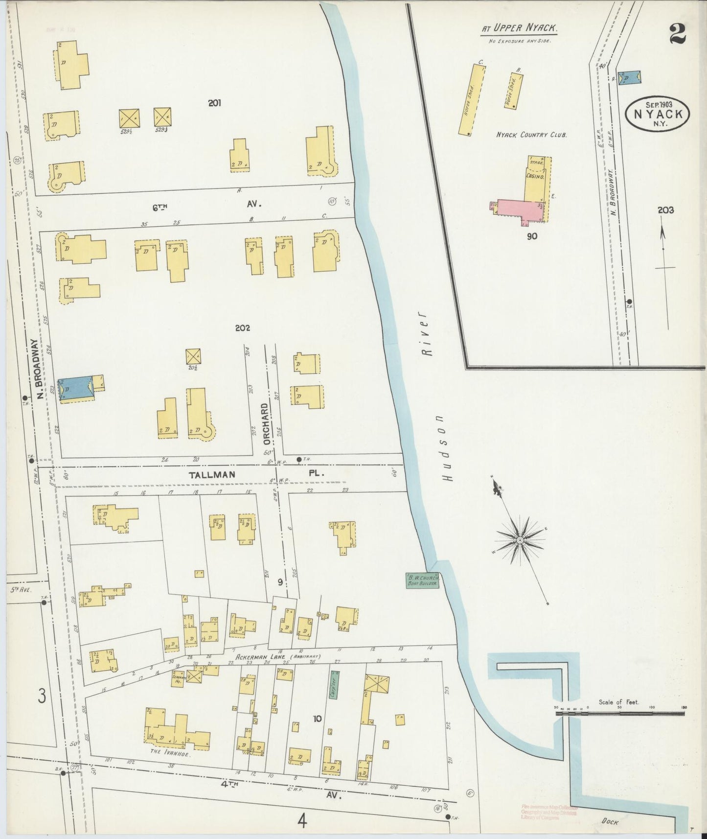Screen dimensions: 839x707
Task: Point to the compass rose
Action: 520,540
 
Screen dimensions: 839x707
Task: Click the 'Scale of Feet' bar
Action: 619,714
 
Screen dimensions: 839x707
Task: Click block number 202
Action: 242,328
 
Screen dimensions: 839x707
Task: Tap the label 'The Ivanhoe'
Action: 170,754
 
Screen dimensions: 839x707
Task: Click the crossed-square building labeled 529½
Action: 129,117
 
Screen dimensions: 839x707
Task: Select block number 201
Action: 214,103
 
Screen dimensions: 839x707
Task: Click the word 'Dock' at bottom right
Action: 610,822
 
